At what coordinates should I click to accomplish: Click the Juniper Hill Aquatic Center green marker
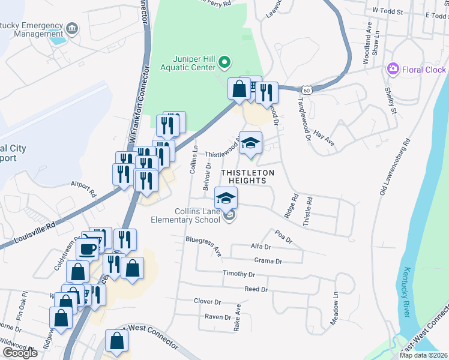(224, 61)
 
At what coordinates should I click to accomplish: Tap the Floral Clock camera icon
(393, 69)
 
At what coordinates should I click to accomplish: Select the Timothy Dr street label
(239, 274)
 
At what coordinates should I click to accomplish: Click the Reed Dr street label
(256, 289)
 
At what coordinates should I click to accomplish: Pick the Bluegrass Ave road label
(204, 246)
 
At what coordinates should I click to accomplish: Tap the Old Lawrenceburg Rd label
(394, 168)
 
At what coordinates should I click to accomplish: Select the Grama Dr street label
(268, 261)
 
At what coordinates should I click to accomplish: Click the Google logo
(20, 353)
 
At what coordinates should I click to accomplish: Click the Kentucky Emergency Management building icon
(71, 28)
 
